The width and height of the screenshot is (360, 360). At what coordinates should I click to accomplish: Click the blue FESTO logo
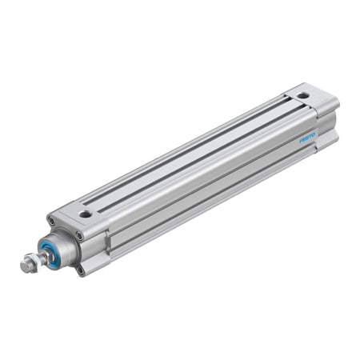tap(308, 138)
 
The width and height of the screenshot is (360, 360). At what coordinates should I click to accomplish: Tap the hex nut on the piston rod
tap(29, 260)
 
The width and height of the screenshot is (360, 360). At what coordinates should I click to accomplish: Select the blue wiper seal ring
tap(50, 252)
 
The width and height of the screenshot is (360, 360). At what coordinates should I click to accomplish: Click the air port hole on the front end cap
tap(85, 214)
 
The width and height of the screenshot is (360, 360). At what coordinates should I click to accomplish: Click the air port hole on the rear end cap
tap(303, 95)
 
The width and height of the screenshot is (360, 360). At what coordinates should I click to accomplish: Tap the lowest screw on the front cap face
tap(80, 270)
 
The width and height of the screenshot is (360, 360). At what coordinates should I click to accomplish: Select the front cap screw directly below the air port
tap(79, 236)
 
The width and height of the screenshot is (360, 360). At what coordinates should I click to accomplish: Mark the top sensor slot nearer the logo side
tap(200, 161)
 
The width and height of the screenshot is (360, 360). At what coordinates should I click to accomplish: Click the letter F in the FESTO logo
tap(302, 141)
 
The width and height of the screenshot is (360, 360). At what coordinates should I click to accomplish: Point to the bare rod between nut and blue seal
tap(39, 256)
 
